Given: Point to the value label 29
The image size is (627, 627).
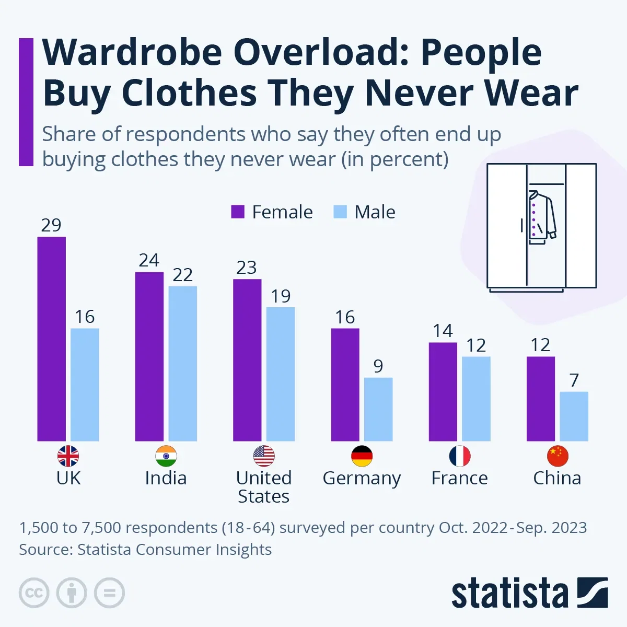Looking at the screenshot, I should coord(51,225).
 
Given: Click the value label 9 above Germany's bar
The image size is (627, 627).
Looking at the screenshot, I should coord(378,366).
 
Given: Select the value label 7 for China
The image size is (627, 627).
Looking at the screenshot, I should coord(574,380).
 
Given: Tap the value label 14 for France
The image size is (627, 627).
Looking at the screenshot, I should coord(443,331).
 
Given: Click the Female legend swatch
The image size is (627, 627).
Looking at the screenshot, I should coord(238,212).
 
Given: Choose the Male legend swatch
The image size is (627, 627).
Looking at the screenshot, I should coord(340,212).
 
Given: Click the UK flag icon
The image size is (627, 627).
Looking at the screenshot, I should coord(68,456).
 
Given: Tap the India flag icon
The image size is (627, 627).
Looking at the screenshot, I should coord(166,456).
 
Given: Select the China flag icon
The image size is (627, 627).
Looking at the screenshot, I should coord(557,456).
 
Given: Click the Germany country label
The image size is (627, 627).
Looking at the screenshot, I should coord(362,478).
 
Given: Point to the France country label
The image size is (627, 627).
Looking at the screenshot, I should coord(459,478).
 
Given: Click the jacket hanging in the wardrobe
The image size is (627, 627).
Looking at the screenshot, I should coord(541,218).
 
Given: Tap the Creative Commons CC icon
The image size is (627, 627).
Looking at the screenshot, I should coord(34,593).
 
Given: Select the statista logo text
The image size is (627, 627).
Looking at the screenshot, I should coord(509,594).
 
